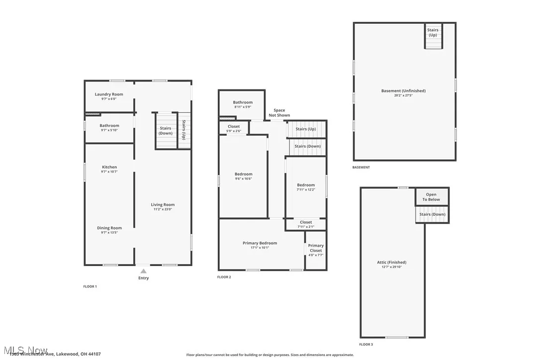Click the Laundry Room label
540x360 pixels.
point(109,94)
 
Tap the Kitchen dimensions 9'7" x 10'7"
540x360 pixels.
point(109,172)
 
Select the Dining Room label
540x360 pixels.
point(109,228)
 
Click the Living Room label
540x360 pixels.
point(163,204)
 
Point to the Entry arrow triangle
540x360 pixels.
point(143,271)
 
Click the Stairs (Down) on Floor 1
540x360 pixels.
point(165,131)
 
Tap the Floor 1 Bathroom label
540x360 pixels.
point(109,126)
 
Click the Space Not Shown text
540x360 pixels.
point(279,113)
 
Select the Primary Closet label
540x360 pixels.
point(316,248)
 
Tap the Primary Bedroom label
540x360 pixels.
point(260,243)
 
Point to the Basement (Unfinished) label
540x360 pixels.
point(403,91)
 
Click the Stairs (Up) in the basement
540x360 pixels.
point(433,32)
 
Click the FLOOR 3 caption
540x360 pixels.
point(366,344)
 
